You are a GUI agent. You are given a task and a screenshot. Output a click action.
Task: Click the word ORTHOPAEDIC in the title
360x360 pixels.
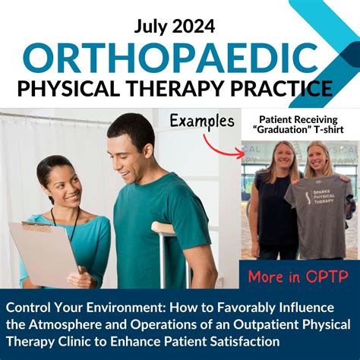[x=170, y=57]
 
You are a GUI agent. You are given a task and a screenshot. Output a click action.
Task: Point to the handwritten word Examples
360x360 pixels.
[x=201, y=119]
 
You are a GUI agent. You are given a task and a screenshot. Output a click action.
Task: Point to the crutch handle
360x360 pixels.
[x=163, y=227]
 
